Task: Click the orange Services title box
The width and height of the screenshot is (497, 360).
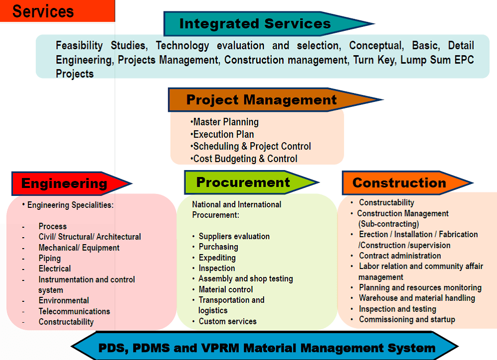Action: [57, 11]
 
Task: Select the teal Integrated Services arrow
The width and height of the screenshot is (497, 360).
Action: [269, 24]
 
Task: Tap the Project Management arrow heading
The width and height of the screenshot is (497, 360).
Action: [275, 100]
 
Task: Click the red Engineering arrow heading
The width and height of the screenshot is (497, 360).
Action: [72, 183]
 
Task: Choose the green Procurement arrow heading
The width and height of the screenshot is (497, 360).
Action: [251, 182]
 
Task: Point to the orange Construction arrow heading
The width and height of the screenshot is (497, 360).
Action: [407, 183]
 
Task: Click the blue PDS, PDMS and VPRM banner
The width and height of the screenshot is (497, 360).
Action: [265, 347]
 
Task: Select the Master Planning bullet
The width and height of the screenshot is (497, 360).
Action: [224, 122]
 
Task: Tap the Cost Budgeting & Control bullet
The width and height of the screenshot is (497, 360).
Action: [244, 159]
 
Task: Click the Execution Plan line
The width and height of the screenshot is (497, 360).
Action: [222, 134]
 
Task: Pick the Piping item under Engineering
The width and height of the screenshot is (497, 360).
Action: [49, 258]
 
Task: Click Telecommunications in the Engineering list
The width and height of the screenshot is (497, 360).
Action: [74, 311]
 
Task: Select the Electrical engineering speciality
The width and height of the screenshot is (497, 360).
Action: [55, 269]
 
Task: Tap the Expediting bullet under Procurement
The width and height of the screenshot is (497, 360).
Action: [217, 258]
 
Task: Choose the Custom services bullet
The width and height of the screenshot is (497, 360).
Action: [227, 321]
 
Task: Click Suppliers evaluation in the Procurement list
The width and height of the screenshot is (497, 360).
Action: [234, 236]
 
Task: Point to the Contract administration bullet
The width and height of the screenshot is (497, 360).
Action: [399, 256]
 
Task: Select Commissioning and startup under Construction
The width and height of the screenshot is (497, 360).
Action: [407, 319]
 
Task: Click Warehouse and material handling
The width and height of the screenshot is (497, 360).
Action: [417, 298]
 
